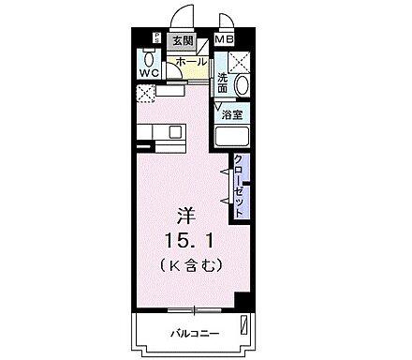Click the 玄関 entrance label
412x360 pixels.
coord(181,40)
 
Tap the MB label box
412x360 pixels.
coord(225,39)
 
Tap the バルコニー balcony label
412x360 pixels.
coord(189,334)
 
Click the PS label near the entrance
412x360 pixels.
coord(155,37)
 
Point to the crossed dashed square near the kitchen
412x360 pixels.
coord(145,92)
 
